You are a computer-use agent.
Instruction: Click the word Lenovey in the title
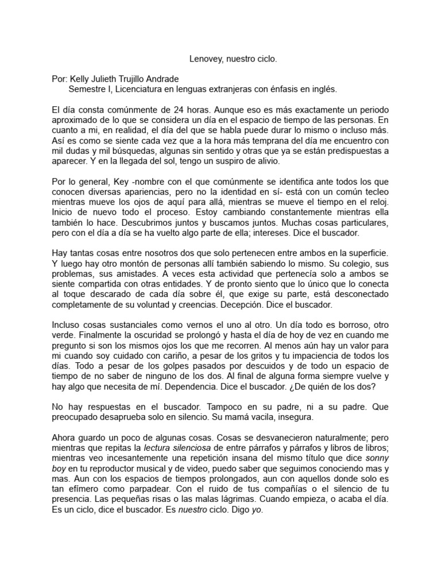point(207,59)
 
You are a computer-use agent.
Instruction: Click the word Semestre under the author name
point(87,90)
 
